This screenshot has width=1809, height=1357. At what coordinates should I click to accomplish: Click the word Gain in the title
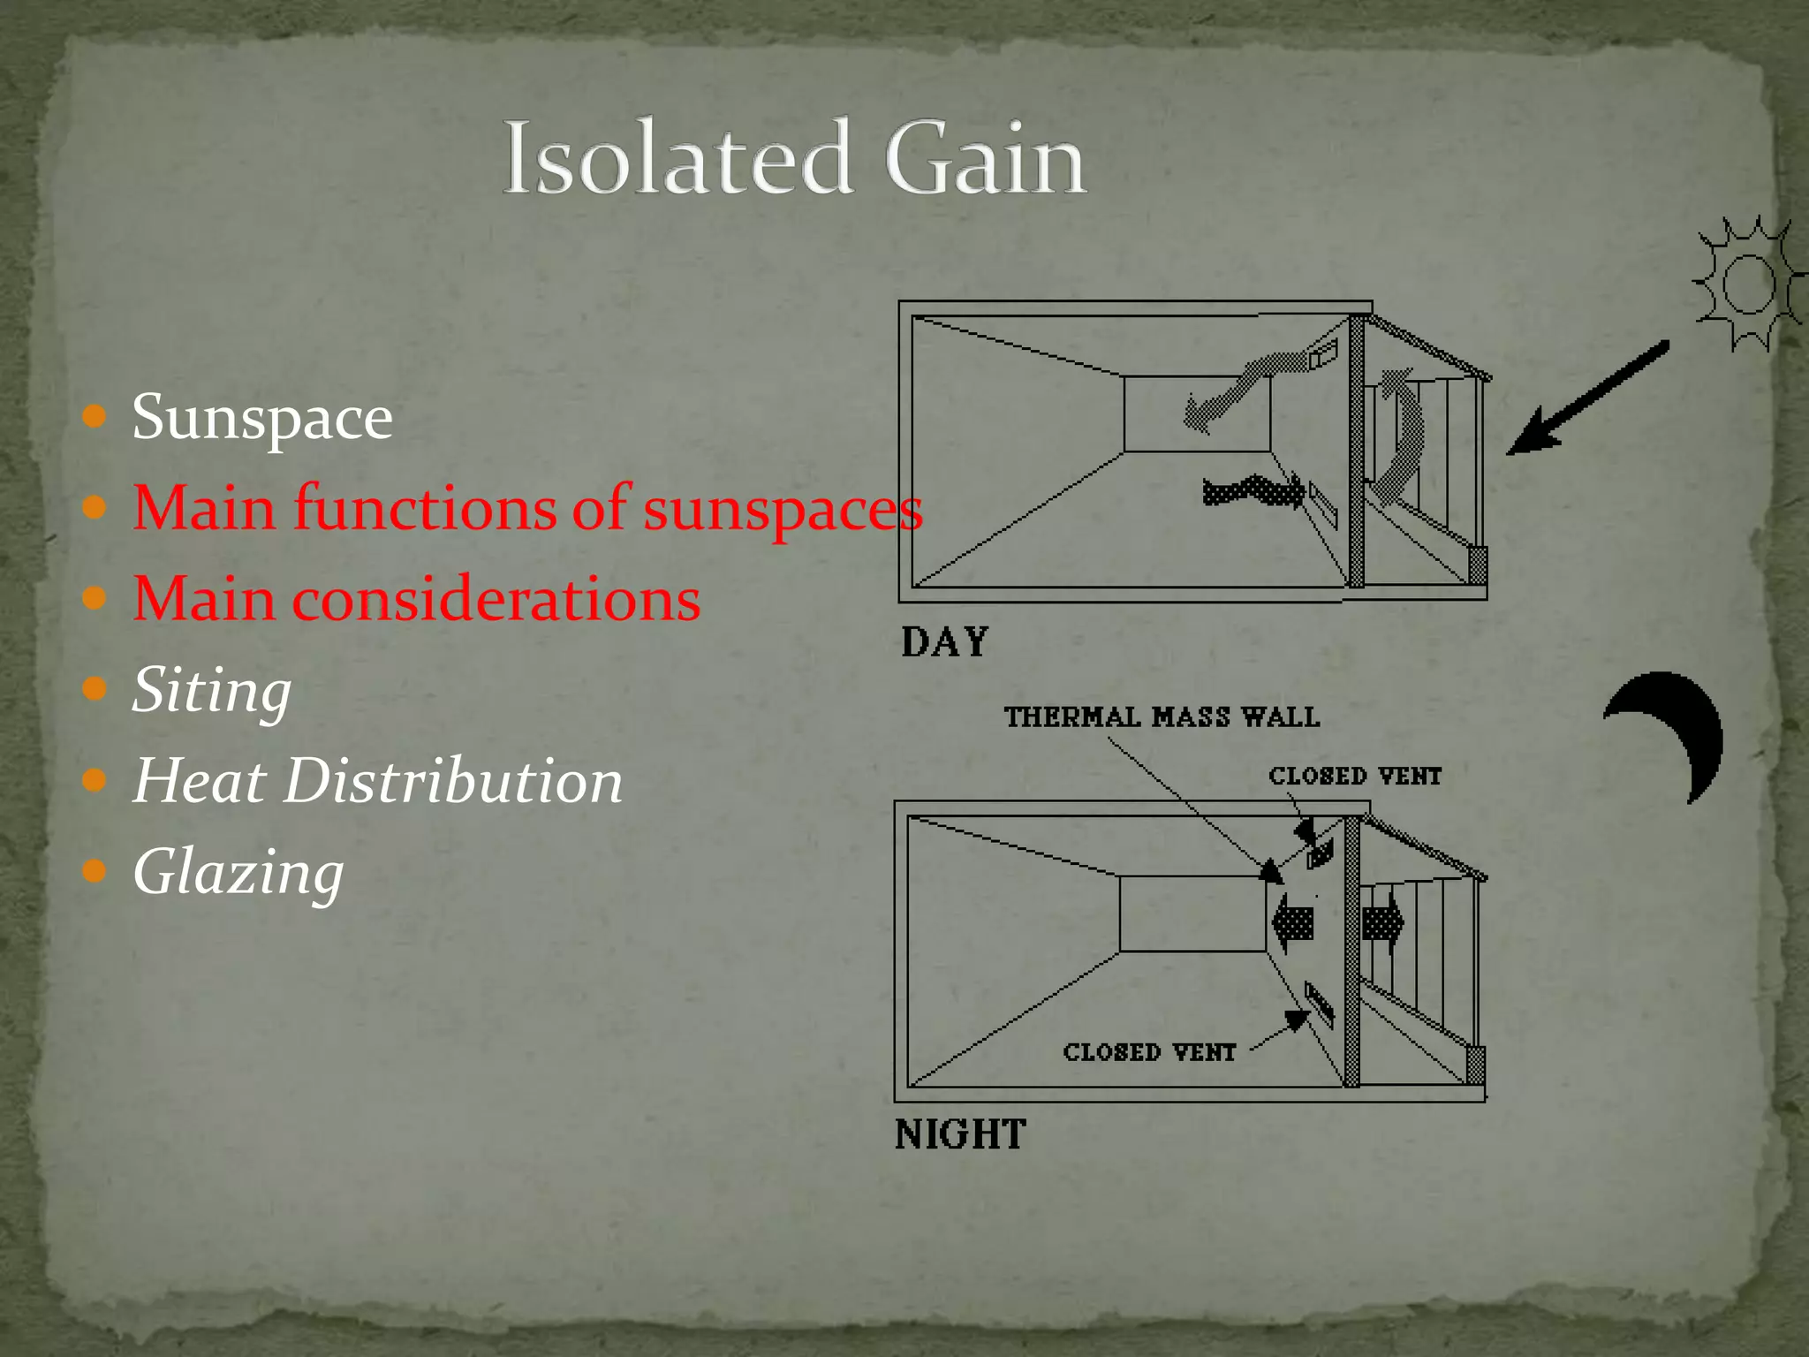984,159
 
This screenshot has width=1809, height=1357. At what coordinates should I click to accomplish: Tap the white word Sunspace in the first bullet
261,417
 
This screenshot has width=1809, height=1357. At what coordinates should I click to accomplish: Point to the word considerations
496,599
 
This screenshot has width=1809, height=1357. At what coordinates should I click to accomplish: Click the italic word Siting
211,691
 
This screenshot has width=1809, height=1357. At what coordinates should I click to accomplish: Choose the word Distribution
453,781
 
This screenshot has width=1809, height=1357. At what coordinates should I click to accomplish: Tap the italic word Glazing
238,873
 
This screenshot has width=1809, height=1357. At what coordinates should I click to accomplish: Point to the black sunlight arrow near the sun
1586,399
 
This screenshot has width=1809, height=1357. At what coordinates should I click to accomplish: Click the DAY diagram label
944,642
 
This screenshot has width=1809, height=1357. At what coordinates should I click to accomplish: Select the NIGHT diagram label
960,1134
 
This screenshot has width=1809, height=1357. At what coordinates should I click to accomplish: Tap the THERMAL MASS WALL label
1162,716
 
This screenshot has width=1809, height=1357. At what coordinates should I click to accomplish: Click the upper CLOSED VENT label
1355,777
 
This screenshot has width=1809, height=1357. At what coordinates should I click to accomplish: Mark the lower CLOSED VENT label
1149,1052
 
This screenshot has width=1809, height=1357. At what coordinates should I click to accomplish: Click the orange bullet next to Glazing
95,871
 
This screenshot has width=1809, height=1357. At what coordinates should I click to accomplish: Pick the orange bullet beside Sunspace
95,416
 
